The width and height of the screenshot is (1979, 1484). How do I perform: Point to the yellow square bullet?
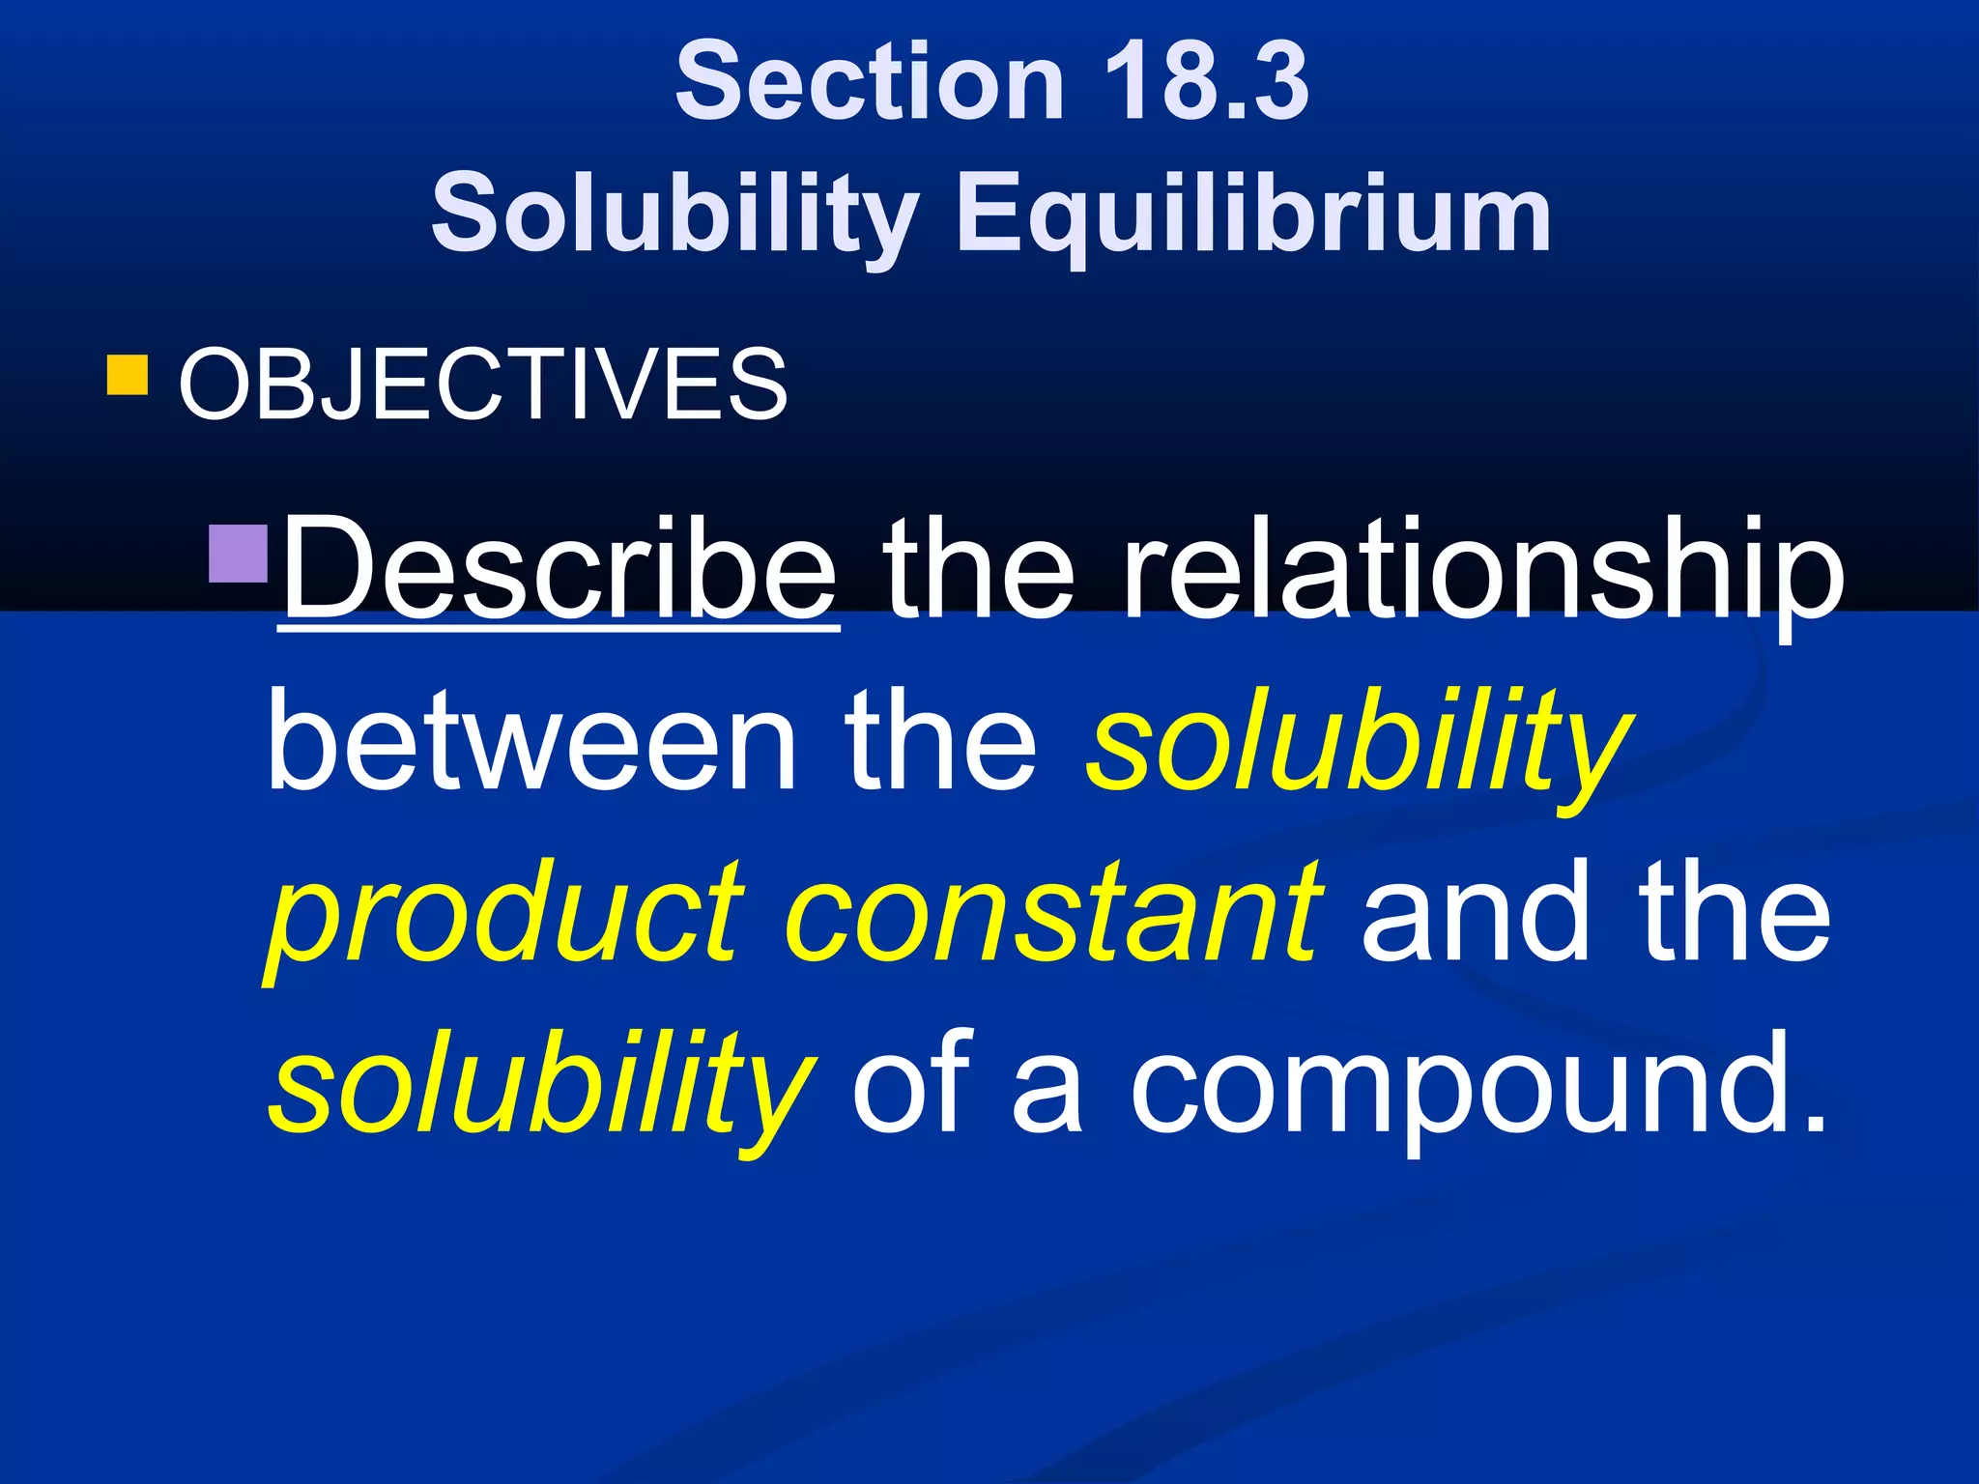tap(128, 376)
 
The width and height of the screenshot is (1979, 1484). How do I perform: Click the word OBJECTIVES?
tap(483, 385)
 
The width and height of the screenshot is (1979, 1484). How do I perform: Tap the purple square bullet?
tap(238, 553)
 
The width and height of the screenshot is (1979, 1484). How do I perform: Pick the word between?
tap(531, 741)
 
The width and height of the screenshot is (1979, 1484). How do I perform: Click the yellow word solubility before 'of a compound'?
tap(541, 1084)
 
